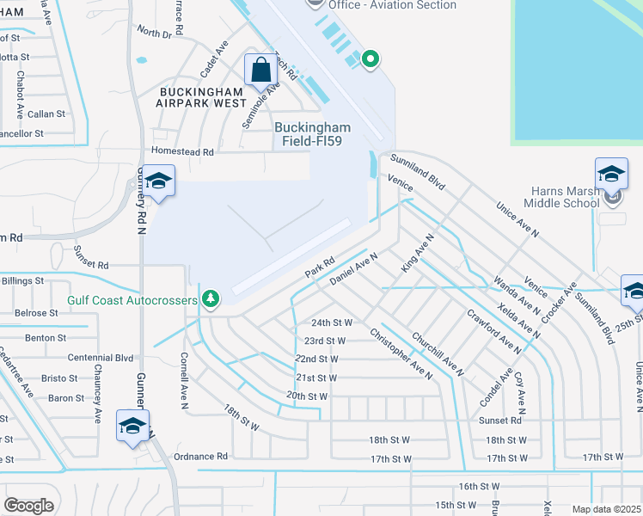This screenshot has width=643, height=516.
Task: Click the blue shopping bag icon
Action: click(x=260, y=70)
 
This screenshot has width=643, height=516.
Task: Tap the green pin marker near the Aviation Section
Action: click(x=370, y=59)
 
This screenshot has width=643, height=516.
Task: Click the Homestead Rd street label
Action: click(x=182, y=151)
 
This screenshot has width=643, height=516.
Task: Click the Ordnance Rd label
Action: click(x=200, y=457)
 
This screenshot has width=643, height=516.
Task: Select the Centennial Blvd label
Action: click(x=101, y=357)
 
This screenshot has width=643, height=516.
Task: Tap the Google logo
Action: click(x=28, y=506)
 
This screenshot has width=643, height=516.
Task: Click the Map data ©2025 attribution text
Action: click(x=606, y=509)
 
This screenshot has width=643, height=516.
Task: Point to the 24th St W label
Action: click(x=332, y=322)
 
